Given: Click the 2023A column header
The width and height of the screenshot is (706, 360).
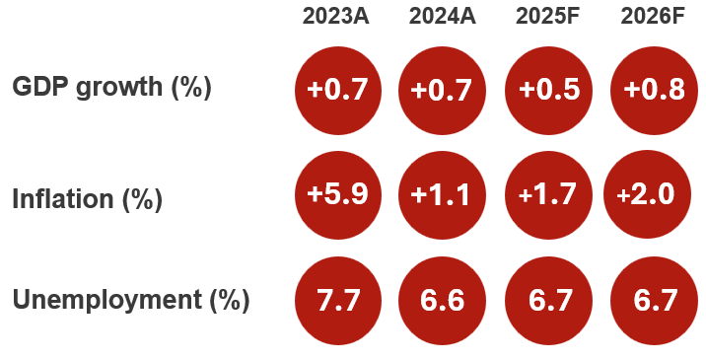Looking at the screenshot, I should click(x=336, y=17).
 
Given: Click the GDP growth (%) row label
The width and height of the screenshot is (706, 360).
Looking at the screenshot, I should click(x=111, y=87).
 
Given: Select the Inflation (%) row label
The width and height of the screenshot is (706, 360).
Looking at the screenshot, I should click(x=87, y=198).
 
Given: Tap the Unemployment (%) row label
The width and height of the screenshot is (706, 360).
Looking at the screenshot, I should click(x=131, y=300).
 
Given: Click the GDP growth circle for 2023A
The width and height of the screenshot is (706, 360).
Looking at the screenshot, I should click(x=337, y=91).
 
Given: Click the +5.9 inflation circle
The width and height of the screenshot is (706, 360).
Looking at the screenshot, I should click(x=337, y=194).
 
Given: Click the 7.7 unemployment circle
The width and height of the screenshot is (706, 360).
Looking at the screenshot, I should click(x=337, y=299).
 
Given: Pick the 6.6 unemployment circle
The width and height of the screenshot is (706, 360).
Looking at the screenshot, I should click(x=441, y=299).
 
